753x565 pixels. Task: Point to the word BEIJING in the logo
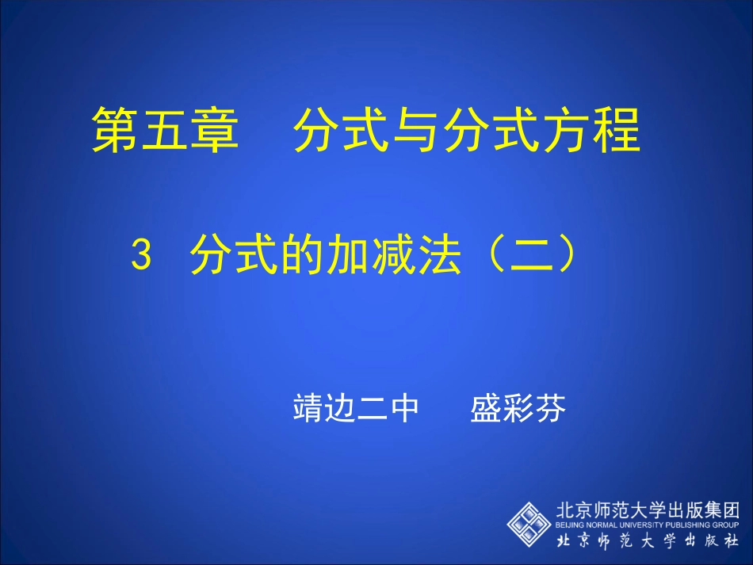570,525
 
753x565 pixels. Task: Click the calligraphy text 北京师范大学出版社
647,542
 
